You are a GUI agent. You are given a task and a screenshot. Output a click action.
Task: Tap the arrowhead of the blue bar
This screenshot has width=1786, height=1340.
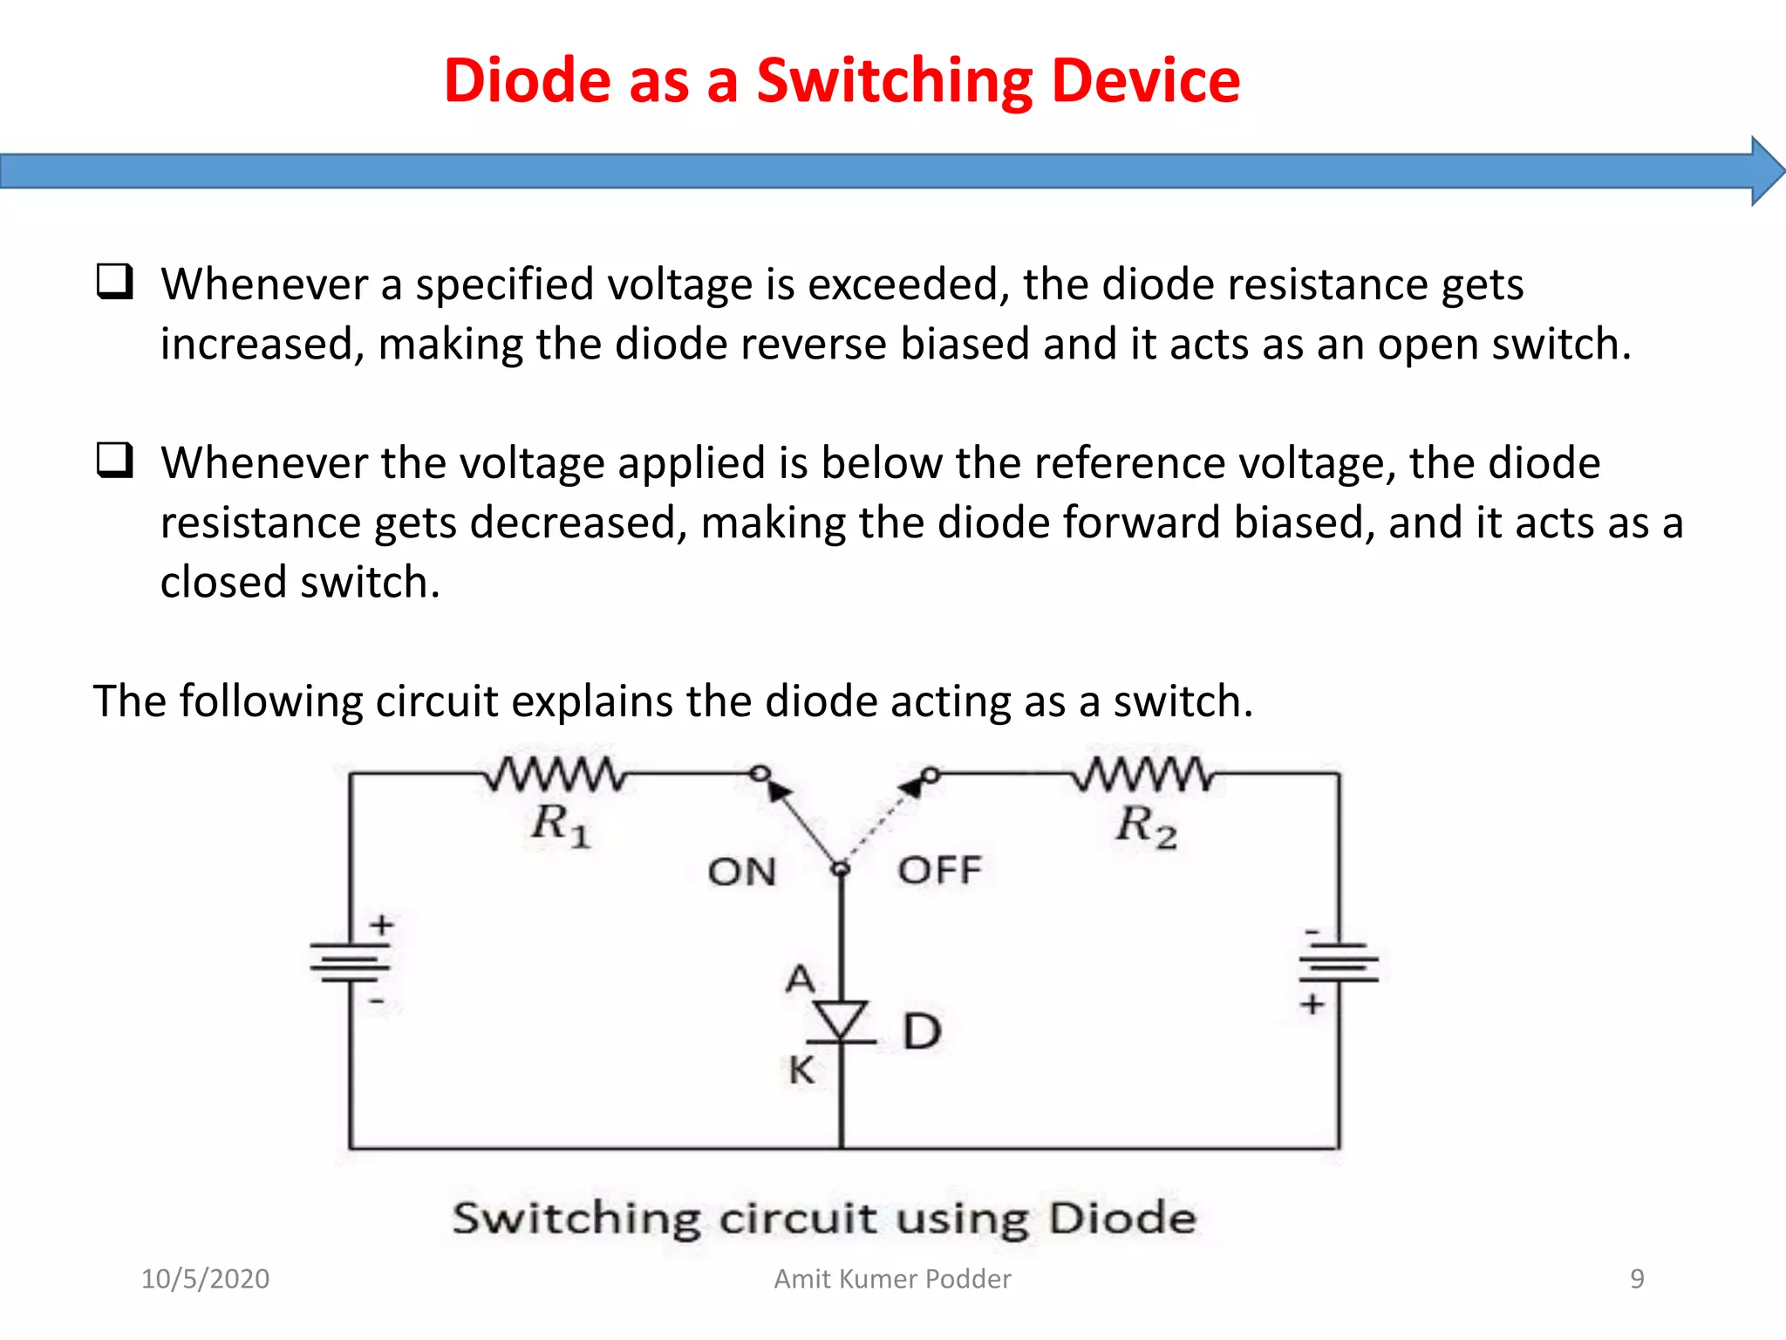pyautogui.click(x=1767, y=171)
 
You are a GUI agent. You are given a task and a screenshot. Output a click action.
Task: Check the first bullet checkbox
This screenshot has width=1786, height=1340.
pyautogui.click(x=114, y=282)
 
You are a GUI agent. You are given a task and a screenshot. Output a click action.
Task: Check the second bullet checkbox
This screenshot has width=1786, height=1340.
pyautogui.click(x=114, y=460)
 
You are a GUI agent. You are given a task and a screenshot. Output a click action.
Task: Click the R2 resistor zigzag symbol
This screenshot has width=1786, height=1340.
pyautogui.click(x=1143, y=774)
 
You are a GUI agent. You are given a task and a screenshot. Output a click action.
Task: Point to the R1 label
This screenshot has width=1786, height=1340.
pyautogui.click(x=561, y=824)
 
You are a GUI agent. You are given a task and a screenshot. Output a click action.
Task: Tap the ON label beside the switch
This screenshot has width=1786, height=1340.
pyautogui.click(x=741, y=872)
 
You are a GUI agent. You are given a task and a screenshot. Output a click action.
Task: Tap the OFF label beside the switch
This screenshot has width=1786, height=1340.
pyautogui.click(x=939, y=870)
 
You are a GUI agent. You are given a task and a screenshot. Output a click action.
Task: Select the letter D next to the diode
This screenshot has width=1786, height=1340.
pyautogui.click(x=922, y=1032)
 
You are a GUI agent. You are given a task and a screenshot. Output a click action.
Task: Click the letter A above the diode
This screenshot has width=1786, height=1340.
pyautogui.click(x=800, y=979)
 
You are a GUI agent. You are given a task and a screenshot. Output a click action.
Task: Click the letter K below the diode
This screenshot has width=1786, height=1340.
pyautogui.click(x=801, y=1070)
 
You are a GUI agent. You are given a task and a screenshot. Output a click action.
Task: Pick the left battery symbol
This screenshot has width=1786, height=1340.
pyautogui.click(x=350, y=963)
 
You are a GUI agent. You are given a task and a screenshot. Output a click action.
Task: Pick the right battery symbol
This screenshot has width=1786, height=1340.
pyautogui.click(x=1339, y=963)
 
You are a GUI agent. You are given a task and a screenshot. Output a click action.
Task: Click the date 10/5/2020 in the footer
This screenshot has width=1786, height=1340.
pyautogui.click(x=205, y=1279)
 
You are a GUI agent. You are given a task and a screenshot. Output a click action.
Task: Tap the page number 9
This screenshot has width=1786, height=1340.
pyautogui.click(x=1637, y=1279)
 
